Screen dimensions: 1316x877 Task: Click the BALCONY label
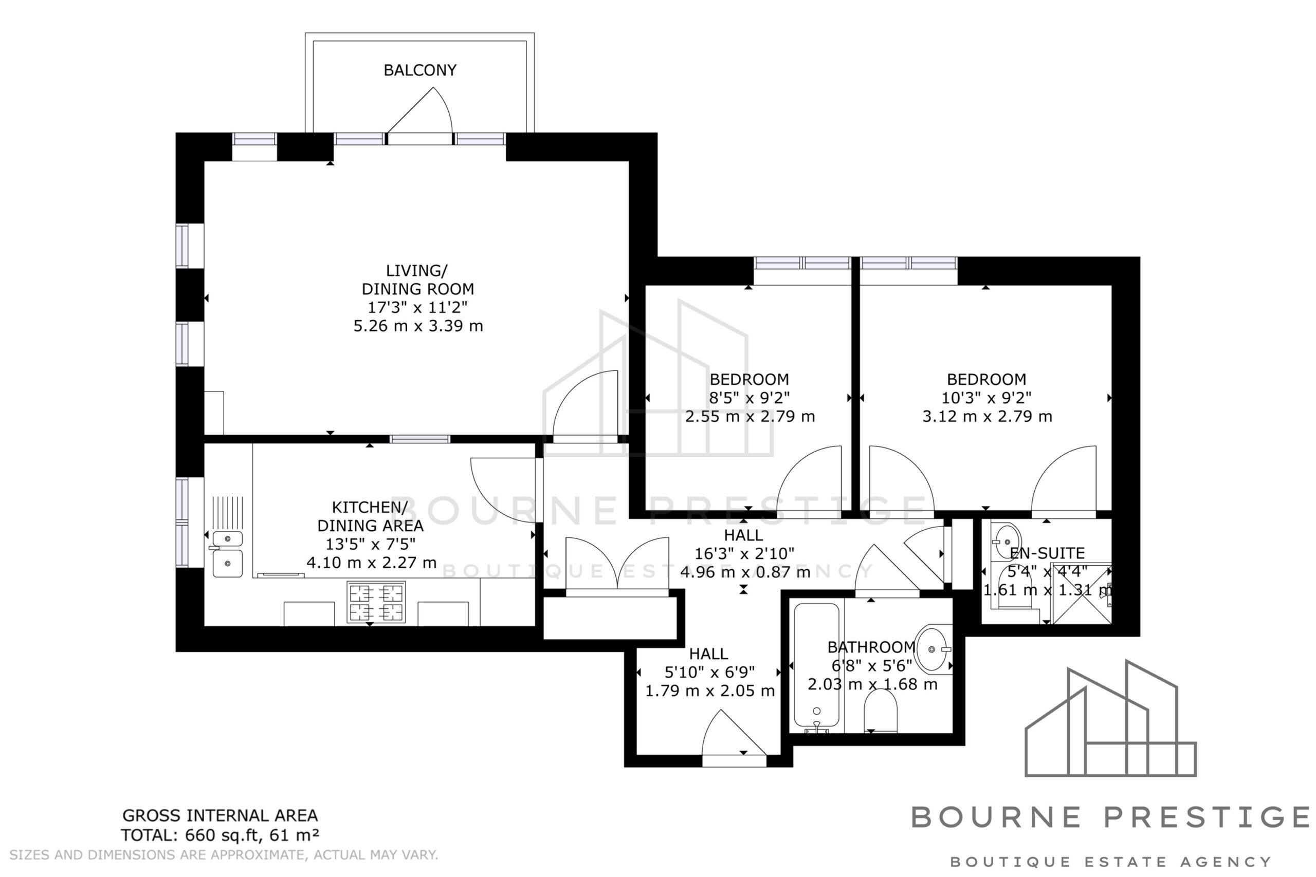(x=419, y=70)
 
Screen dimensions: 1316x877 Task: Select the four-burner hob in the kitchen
(x=376, y=602)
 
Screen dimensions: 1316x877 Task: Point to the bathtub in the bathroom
(x=816, y=667)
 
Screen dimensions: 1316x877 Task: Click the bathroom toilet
(x=880, y=711)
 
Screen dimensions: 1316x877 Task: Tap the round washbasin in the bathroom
(x=932, y=649)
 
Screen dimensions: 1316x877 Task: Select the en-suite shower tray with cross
(x=1082, y=593)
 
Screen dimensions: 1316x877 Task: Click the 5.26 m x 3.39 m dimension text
(x=418, y=326)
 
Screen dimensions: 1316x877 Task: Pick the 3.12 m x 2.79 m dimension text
(x=987, y=417)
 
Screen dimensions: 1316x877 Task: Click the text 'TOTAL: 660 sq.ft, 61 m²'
(x=220, y=835)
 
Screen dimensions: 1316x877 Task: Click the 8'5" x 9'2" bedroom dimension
(x=749, y=398)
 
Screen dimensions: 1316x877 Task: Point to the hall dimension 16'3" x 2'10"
(x=744, y=554)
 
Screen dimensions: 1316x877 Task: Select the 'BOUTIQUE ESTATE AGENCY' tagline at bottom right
(x=1111, y=862)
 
